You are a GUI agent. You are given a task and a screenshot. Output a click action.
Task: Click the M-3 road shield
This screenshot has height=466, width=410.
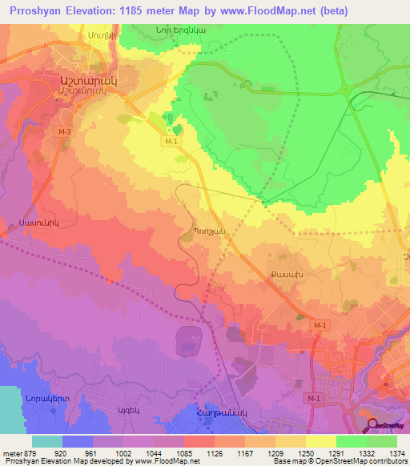click(64, 130)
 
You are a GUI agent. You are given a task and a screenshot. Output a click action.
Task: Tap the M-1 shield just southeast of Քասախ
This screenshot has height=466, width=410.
click(320, 324)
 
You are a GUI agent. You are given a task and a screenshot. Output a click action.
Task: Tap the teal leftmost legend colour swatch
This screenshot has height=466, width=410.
click(46, 441)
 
